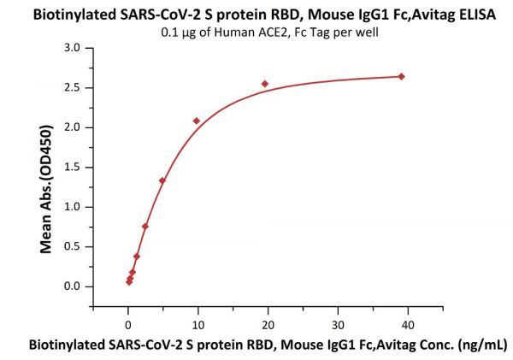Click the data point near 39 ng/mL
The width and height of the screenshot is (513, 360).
[x=401, y=76]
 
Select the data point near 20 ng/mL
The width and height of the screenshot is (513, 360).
[x=265, y=84]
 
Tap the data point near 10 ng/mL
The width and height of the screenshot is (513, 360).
[x=197, y=121]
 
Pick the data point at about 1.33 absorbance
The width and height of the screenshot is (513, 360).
[x=162, y=180]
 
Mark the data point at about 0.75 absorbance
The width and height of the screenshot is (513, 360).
[x=145, y=227]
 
